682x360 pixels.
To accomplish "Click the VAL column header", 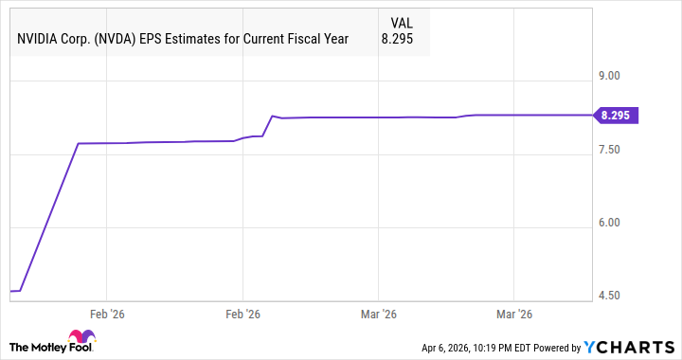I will (403, 21).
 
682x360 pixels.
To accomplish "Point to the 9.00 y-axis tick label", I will (606, 76).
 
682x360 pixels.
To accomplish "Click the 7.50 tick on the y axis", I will (606, 150).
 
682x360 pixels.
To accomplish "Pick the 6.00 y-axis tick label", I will (606, 223).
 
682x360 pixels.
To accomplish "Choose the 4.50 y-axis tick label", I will (606, 296).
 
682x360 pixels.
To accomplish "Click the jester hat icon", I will (81, 338).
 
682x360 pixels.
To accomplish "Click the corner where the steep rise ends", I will (78, 144).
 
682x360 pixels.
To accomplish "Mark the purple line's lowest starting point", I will (10, 291).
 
